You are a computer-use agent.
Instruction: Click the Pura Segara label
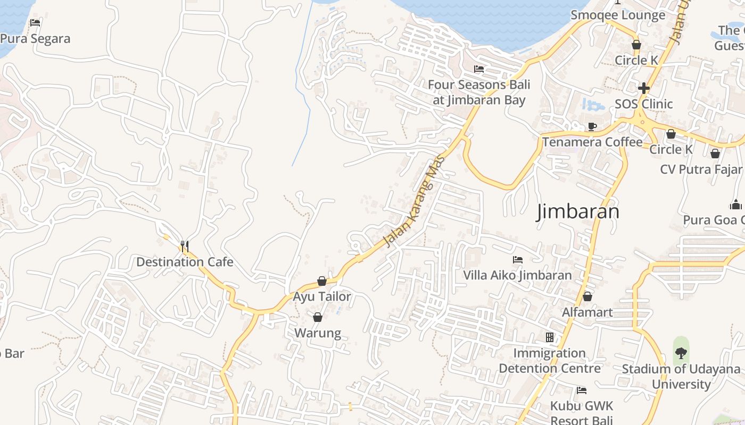pos(35,39)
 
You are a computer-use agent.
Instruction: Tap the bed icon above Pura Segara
pos(35,23)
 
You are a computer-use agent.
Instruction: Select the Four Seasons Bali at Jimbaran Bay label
pos(479,92)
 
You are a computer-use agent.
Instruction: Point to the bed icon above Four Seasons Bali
pos(479,69)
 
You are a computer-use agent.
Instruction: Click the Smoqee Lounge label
pos(618,15)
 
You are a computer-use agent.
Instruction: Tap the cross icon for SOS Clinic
pos(644,88)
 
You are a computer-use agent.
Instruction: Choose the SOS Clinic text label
pos(644,104)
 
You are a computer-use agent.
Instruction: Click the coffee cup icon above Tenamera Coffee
pos(592,126)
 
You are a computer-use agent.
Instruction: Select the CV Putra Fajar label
pos(701,169)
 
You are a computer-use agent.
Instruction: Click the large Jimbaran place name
pos(578,211)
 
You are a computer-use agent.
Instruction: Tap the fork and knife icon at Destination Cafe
pos(184,246)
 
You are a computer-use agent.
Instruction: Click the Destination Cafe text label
pos(185,262)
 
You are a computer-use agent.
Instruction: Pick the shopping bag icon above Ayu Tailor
pos(322,280)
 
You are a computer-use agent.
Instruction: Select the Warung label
pos(318,333)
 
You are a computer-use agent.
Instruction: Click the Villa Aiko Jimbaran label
pos(517,275)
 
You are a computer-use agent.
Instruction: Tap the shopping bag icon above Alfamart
pos(587,296)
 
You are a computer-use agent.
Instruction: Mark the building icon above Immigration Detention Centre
pos(550,337)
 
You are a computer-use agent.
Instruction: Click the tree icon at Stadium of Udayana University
pos(681,353)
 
